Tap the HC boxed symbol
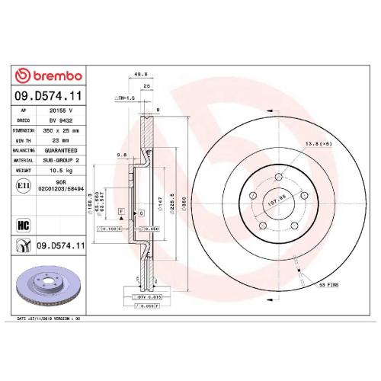(24, 224)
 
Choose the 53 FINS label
(327, 283)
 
